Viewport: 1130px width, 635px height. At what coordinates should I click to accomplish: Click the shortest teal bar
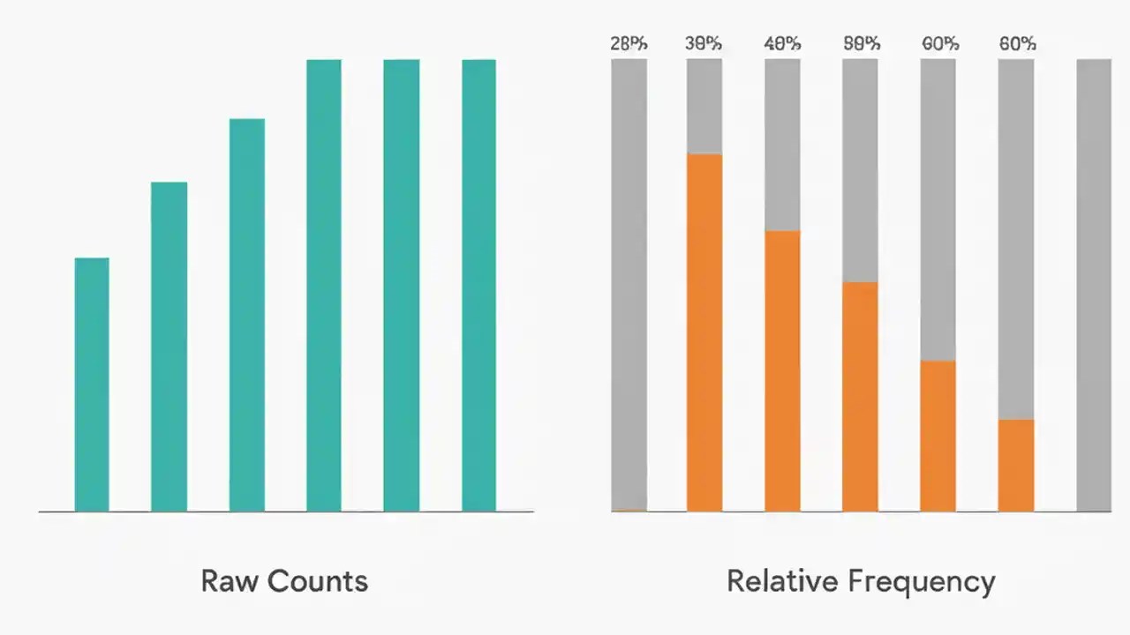coord(92,385)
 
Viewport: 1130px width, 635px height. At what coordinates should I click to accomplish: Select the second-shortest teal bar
coord(169,347)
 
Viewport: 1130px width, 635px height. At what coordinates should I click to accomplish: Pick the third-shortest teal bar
coord(247,315)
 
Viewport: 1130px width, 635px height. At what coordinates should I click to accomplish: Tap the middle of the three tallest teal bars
coord(402,285)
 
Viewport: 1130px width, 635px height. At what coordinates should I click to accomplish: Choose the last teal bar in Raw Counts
coord(478,285)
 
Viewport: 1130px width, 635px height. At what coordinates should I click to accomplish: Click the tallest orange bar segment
coord(704,332)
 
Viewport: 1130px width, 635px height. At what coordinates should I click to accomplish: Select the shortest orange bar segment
coord(1016,465)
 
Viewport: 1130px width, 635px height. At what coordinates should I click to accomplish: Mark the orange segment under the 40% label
coord(782,370)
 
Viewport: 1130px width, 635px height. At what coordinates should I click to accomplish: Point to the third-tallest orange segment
coord(860,396)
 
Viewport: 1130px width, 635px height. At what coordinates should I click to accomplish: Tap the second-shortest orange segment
coord(938,436)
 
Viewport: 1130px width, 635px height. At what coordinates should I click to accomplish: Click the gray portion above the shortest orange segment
coord(1016,239)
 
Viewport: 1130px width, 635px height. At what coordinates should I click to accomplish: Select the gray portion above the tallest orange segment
coord(704,107)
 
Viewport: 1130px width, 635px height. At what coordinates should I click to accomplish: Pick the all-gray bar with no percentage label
coord(1094,285)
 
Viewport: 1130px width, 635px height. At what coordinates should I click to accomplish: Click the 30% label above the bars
coord(704,43)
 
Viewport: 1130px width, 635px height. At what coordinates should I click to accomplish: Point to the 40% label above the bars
coord(782,43)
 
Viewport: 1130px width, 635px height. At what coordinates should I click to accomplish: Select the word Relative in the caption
coord(782,581)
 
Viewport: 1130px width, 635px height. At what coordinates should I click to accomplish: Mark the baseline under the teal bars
coord(285,512)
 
